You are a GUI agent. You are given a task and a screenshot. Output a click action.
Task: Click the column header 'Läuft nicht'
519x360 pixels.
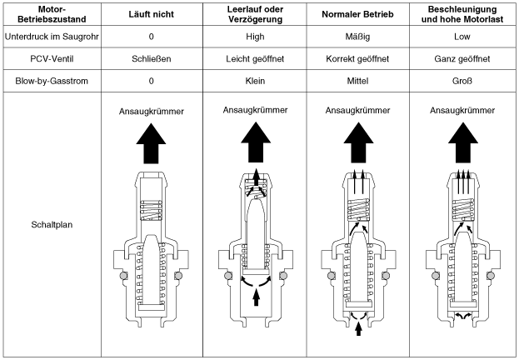click(x=151, y=15)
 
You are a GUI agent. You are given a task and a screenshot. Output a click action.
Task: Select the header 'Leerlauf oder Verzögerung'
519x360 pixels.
click(x=255, y=15)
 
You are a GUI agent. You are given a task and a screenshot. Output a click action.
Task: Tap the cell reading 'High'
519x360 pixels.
click(x=255, y=37)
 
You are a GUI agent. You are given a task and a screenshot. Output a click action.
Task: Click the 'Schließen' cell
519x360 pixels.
click(x=151, y=60)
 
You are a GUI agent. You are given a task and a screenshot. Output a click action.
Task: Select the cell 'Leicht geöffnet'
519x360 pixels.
click(x=255, y=60)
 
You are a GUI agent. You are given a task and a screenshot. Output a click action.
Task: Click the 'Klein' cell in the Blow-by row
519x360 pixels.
click(x=255, y=82)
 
